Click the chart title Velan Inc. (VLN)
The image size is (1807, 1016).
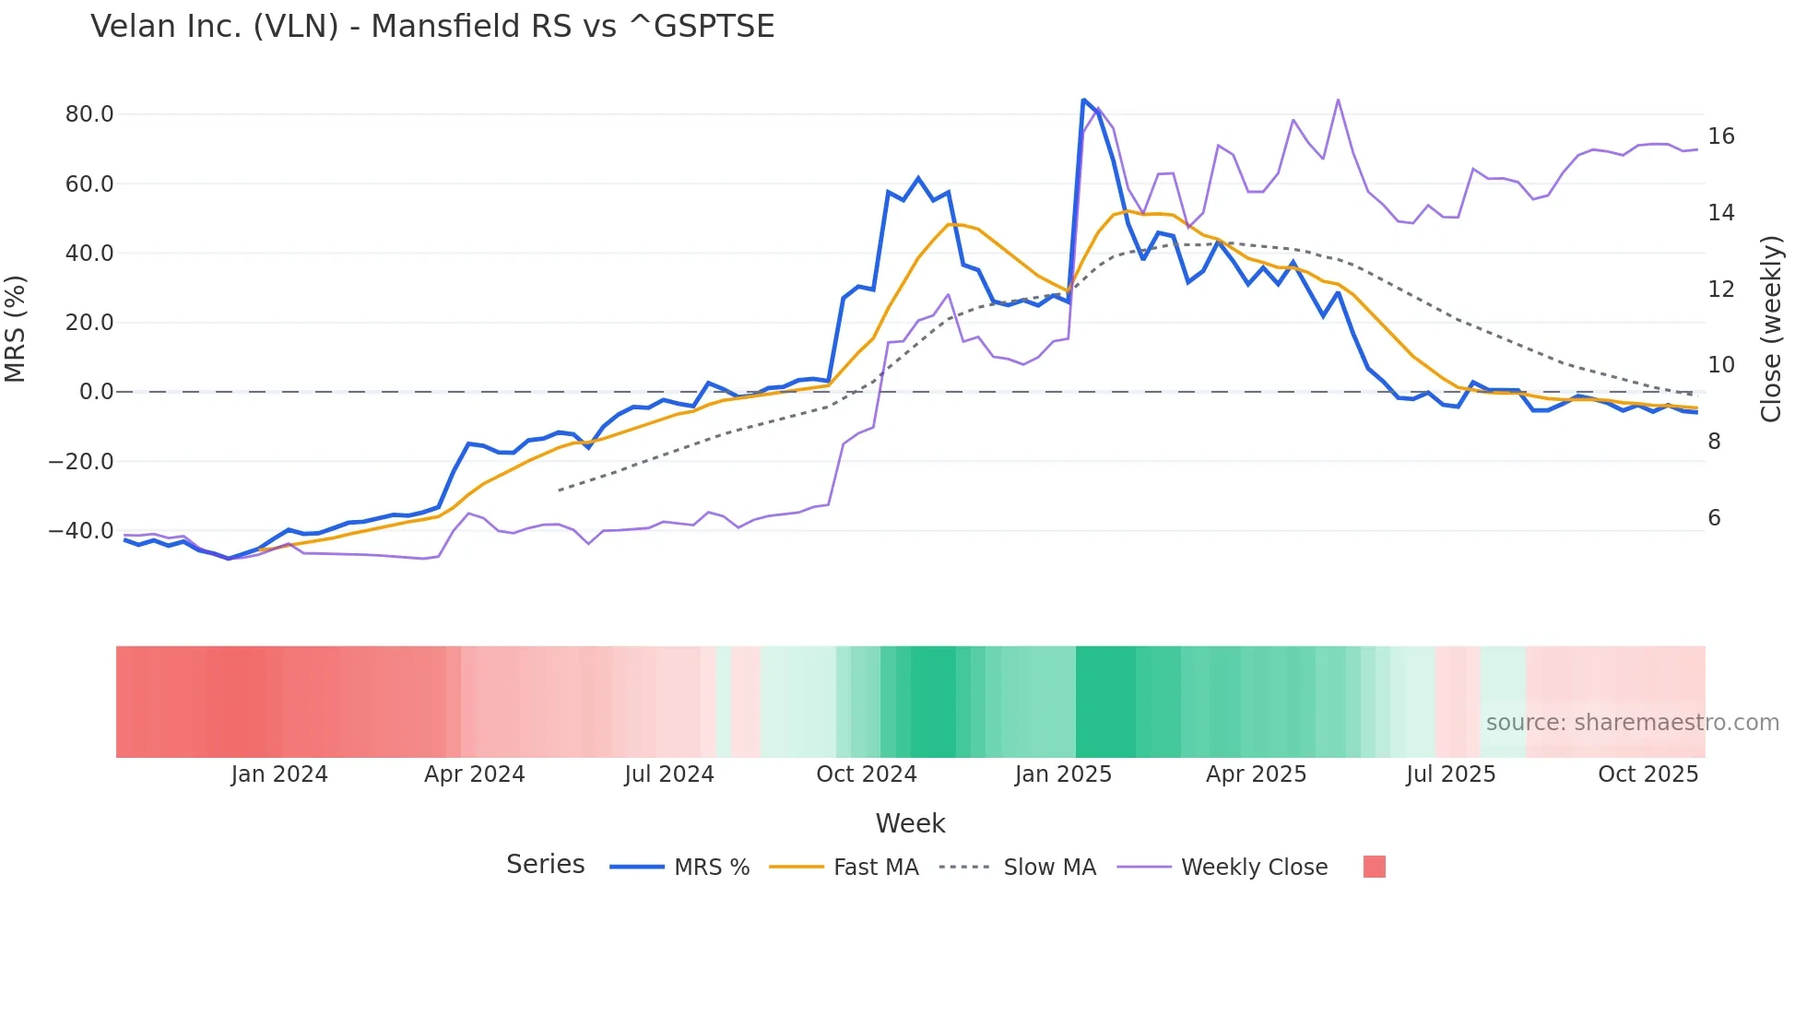[432, 27]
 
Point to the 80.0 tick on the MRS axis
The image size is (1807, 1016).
[89, 114]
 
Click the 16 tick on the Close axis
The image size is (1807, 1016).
[1720, 136]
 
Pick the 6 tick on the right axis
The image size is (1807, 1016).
[1714, 518]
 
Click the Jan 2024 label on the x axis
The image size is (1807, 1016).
[279, 774]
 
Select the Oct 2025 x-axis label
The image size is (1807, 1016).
[1648, 774]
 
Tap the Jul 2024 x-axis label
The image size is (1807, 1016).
[669, 774]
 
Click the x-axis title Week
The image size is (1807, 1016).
[910, 823]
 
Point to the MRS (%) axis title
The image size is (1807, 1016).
[16, 329]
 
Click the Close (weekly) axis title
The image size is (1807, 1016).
[1770, 329]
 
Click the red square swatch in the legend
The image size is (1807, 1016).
[1374, 867]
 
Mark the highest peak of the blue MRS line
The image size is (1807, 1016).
[1083, 100]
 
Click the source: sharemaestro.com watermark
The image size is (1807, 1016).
[1632, 723]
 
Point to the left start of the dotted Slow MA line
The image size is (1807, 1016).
[560, 490]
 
